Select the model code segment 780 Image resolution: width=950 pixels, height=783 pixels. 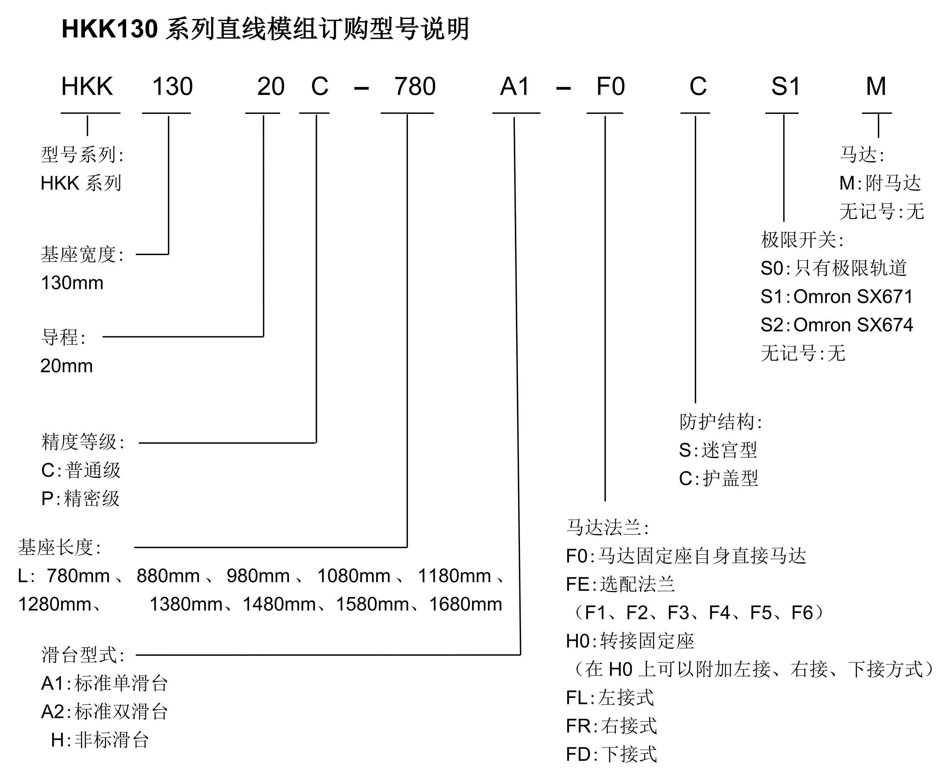tap(415, 87)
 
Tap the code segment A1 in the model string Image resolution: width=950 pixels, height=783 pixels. tap(515, 87)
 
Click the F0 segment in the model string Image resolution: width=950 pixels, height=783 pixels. tap(610, 87)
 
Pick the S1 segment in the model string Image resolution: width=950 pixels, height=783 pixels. tap(785, 87)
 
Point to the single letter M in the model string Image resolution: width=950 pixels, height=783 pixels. tap(876, 87)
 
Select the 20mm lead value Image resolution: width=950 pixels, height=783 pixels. tap(67, 366)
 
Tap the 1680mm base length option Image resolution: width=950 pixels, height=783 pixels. tap(465, 604)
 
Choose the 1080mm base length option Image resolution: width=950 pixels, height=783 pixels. tap(354, 576)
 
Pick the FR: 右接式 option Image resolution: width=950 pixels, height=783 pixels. tap(611, 726)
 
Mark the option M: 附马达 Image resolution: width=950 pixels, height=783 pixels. tap(880, 183)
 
